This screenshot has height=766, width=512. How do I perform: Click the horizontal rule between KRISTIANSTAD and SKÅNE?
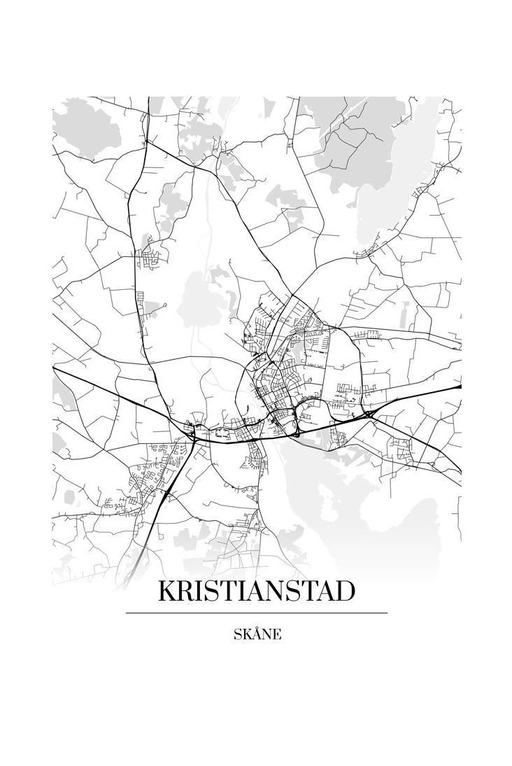click(256, 613)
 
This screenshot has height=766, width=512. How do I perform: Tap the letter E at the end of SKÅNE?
click(278, 635)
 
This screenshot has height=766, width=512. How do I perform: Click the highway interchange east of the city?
click(368, 415)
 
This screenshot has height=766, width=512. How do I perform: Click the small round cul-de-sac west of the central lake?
click(165, 305)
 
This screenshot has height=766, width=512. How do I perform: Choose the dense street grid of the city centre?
click(276, 392)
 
